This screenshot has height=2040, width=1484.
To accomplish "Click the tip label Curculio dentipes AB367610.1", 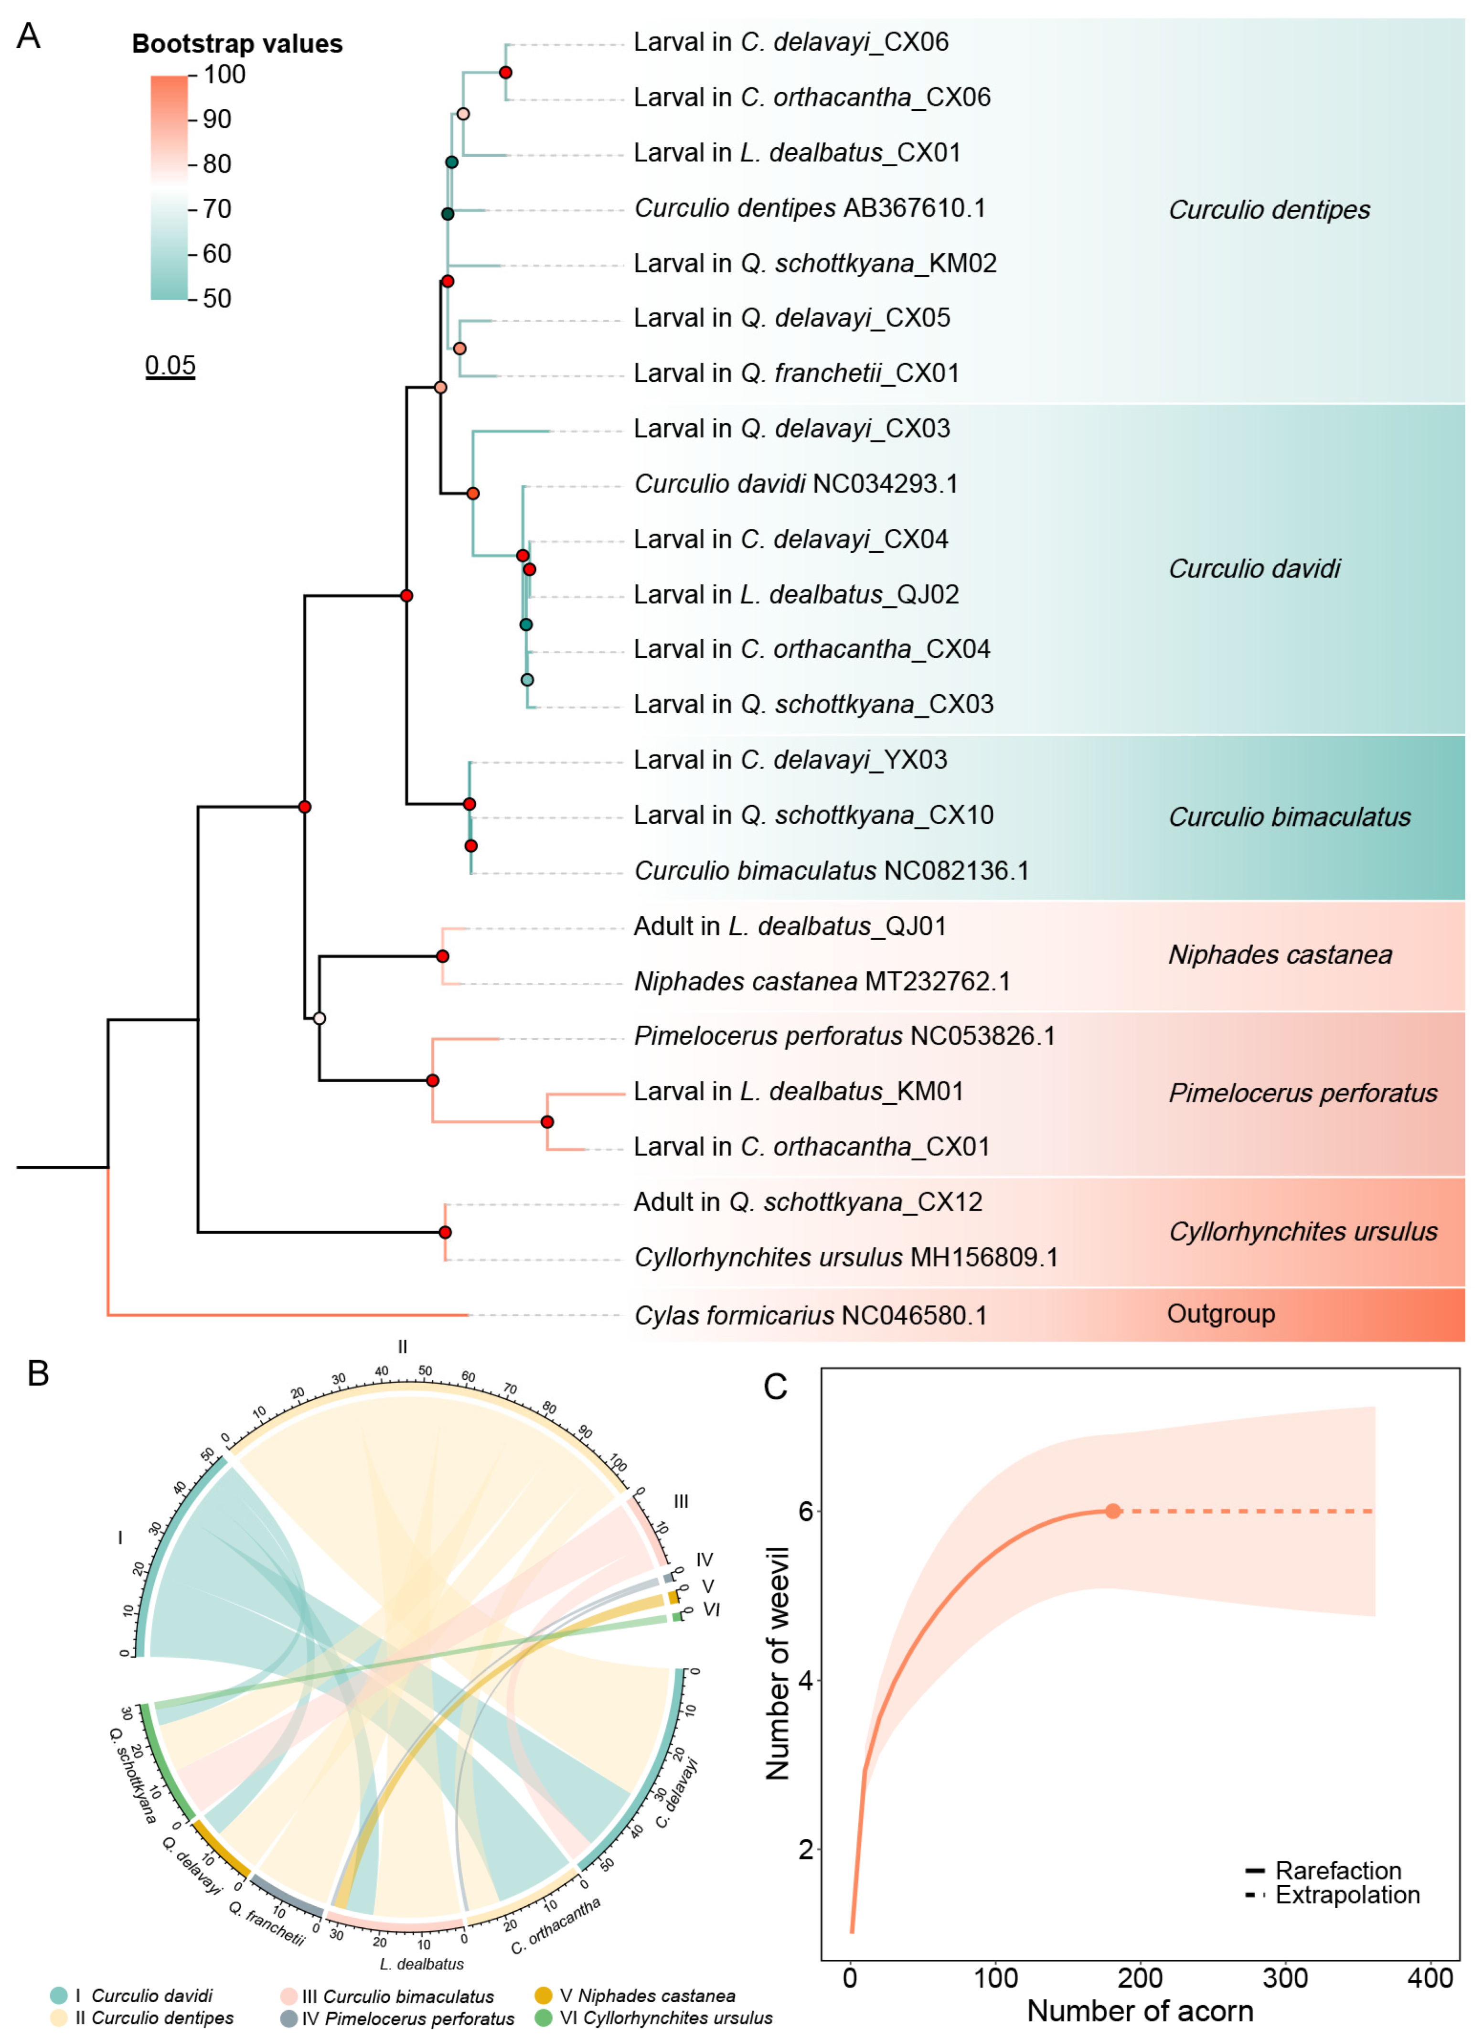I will (x=810, y=209).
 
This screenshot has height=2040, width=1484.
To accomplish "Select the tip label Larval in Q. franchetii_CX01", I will (x=796, y=373).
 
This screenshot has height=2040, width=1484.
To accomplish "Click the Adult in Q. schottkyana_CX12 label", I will (x=808, y=1203).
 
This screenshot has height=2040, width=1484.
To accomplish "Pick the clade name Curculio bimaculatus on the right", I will (x=1289, y=817).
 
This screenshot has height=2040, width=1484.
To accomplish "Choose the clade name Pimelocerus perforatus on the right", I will (x=1303, y=1093).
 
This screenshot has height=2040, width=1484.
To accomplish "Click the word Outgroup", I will (x=1220, y=1314).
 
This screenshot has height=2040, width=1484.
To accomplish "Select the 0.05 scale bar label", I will (x=170, y=365).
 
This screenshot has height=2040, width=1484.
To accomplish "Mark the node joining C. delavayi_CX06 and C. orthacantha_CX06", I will (x=505, y=72).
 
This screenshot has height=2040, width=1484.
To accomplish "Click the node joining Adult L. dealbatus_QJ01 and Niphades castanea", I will (x=442, y=956).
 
